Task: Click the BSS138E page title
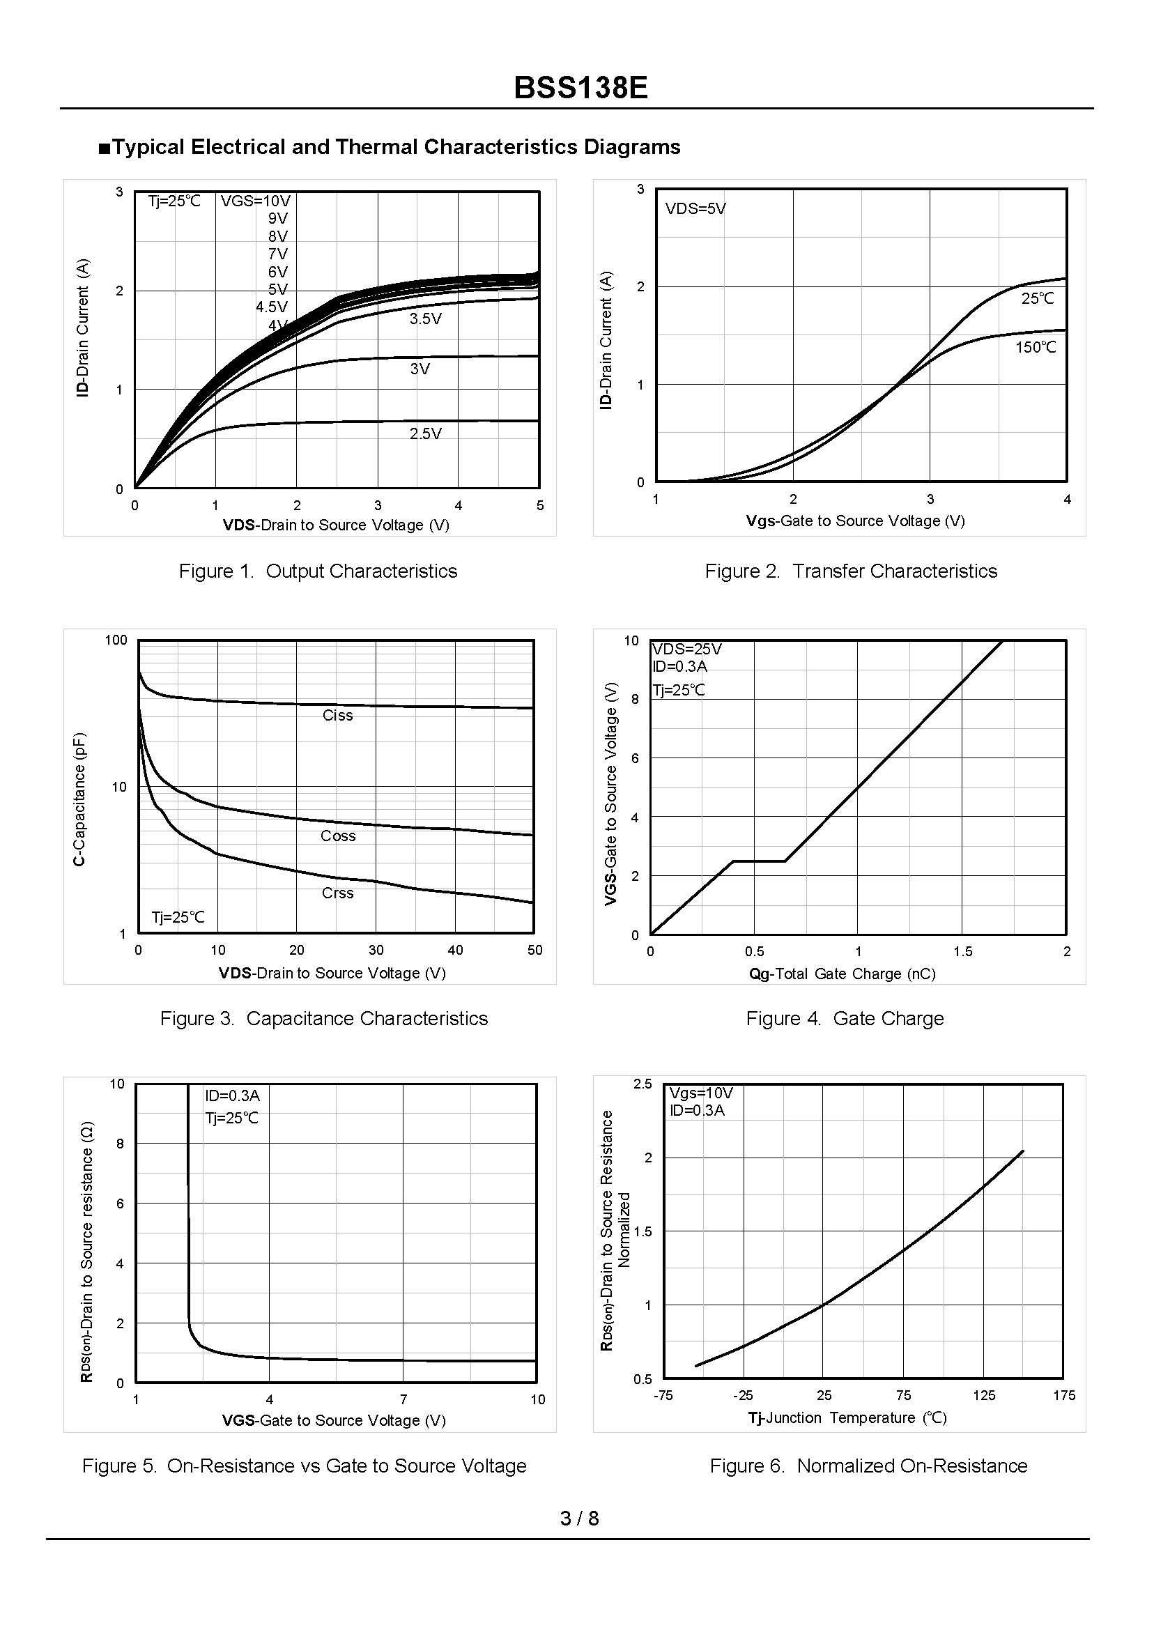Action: [x=580, y=89]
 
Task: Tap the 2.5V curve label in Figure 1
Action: [x=425, y=433]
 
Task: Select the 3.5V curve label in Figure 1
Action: [x=425, y=319]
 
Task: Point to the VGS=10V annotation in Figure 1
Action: [x=255, y=201]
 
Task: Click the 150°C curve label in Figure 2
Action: [x=1036, y=348]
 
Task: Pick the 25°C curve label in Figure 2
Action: [x=1038, y=299]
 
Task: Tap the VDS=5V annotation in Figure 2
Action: [x=695, y=209]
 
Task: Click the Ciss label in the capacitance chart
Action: [x=337, y=716]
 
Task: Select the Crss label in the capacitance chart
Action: [x=337, y=893]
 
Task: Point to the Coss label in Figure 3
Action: [x=337, y=836]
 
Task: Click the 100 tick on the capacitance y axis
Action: [x=116, y=640]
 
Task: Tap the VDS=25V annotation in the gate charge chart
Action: [x=686, y=649]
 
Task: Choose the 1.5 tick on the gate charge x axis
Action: [x=962, y=952]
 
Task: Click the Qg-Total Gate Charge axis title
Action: [x=842, y=974]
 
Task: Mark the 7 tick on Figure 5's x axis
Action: [x=403, y=1400]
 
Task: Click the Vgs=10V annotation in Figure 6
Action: [x=700, y=1093]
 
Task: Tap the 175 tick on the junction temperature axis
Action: [x=1063, y=1396]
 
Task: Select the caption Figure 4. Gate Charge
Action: [x=844, y=1019]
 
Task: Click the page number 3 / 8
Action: [x=579, y=1518]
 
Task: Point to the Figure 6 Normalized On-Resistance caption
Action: [x=868, y=1466]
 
